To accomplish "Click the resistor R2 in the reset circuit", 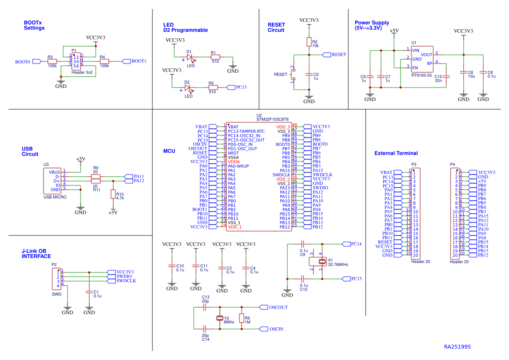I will [309, 42].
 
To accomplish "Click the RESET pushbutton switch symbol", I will [293, 74].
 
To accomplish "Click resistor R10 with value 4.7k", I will [113, 194].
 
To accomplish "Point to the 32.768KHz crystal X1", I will [322, 262].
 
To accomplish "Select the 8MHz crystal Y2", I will [220, 318].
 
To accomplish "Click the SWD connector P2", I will [57, 279].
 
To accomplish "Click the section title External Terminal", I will [396, 153].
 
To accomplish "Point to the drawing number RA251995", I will [457, 347].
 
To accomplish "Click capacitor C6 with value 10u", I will [464, 72].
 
